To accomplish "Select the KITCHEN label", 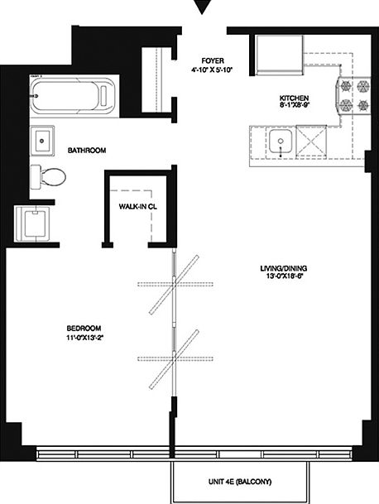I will (x=294, y=98).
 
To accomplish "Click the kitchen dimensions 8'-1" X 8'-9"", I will (x=294, y=108).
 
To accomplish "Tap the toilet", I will (x=49, y=175).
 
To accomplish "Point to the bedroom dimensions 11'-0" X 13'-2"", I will (x=84, y=338).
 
